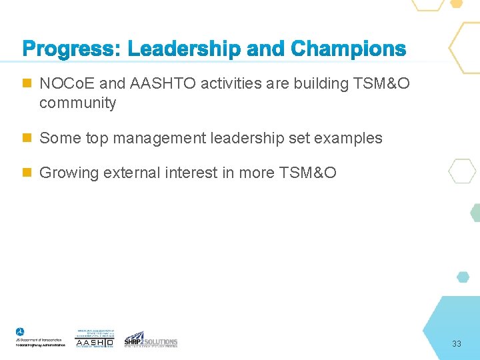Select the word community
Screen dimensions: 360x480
(x=77, y=103)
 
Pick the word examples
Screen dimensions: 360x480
(x=348, y=138)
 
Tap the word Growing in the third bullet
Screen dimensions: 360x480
(x=67, y=173)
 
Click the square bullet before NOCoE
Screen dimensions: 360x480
(x=27, y=84)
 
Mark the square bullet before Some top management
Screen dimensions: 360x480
(x=27, y=138)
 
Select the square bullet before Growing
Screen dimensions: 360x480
(x=27, y=173)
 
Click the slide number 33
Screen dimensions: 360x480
(x=457, y=344)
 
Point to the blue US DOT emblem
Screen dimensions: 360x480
(x=20, y=333)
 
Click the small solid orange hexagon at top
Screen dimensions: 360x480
(x=457, y=3)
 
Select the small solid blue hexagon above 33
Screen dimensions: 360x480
(x=463, y=277)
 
